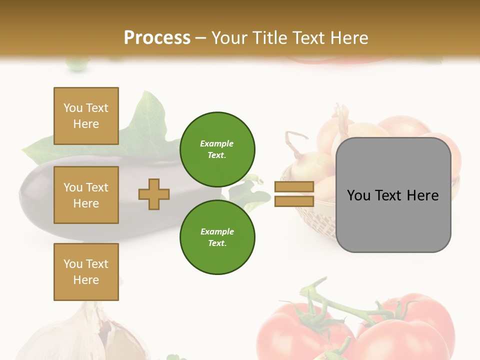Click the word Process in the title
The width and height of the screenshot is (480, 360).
click(157, 38)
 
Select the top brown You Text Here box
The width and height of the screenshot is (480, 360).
click(86, 116)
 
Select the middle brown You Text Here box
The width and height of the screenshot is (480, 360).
click(86, 195)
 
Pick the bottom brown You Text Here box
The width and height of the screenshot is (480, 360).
click(86, 272)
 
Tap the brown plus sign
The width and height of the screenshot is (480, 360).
click(154, 194)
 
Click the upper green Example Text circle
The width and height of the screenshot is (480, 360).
click(217, 149)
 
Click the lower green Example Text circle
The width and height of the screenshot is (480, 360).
click(217, 237)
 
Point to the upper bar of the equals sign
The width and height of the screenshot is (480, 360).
click(294, 187)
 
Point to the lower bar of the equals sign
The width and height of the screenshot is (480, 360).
click(294, 201)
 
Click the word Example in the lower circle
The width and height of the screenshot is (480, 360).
click(217, 231)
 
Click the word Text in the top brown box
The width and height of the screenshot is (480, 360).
click(97, 108)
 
